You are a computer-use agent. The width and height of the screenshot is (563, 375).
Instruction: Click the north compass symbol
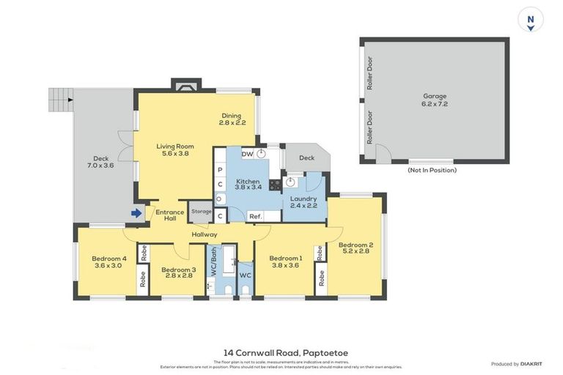[x=529, y=20]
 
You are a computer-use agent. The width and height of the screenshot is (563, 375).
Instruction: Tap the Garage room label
[x=434, y=100]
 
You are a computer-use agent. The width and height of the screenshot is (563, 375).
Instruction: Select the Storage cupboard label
[x=202, y=212]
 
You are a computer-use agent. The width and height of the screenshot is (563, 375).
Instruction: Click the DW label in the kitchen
[x=247, y=155]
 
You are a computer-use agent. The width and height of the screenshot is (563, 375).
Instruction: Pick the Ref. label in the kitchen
[x=255, y=216]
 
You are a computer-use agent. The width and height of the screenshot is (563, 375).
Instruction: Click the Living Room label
[x=174, y=150]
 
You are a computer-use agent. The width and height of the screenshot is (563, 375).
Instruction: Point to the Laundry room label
[x=303, y=202]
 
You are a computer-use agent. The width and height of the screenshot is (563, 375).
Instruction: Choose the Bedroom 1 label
[x=285, y=262]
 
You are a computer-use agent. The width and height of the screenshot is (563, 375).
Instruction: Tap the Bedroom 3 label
[x=177, y=272]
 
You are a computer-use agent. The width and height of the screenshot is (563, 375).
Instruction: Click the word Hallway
[x=205, y=234]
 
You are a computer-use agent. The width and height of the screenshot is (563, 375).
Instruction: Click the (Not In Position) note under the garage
[x=432, y=170]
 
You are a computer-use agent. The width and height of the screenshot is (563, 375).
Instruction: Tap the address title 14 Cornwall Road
[x=285, y=353]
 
